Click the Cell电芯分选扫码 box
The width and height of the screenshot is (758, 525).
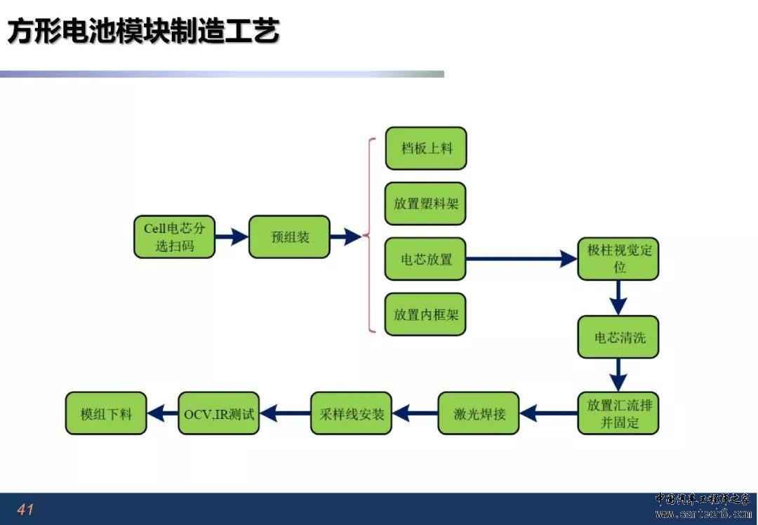click(x=175, y=237)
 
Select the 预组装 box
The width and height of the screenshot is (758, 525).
click(x=289, y=237)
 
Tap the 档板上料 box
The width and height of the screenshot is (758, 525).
click(x=426, y=148)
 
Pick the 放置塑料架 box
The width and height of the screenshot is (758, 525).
click(x=425, y=204)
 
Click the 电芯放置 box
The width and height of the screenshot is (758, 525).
click(x=425, y=258)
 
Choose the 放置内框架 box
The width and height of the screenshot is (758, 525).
click(x=425, y=314)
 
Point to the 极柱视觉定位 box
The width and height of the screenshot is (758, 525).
click(x=618, y=258)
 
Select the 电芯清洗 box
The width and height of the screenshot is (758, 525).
click(x=618, y=337)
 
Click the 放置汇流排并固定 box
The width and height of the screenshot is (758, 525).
click(x=618, y=413)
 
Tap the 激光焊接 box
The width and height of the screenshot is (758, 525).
click(x=479, y=413)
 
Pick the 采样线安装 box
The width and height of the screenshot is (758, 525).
click(x=351, y=413)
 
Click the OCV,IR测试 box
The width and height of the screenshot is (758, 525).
click(x=218, y=413)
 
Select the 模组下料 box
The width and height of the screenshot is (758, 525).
click(x=106, y=413)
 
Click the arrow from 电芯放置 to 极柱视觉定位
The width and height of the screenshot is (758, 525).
click(x=522, y=258)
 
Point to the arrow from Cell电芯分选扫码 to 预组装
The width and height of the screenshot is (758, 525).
click(x=232, y=237)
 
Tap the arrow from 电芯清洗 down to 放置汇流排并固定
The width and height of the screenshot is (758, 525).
click(x=618, y=375)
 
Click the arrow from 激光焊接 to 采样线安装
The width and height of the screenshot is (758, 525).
click(x=415, y=413)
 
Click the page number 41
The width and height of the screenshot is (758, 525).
click(x=25, y=509)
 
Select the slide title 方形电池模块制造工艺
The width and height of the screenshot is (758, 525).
click(x=144, y=32)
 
